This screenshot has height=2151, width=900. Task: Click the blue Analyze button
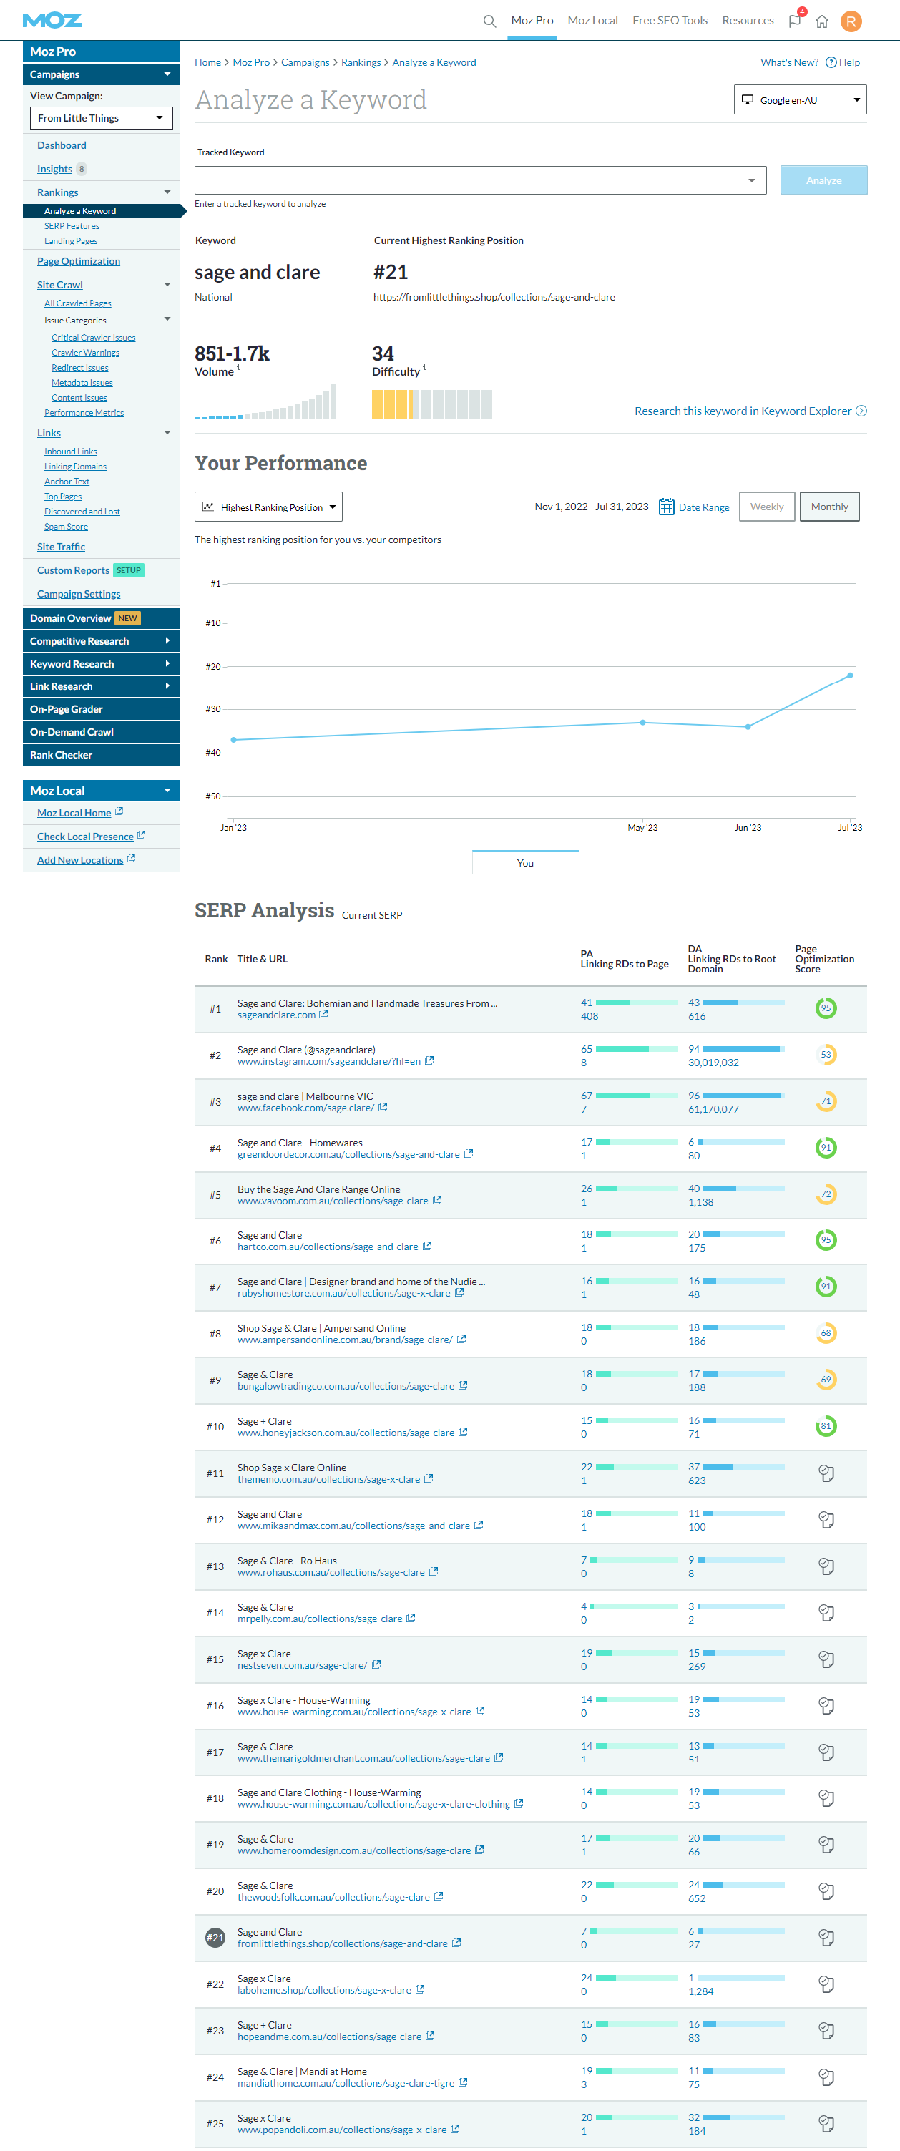pyautogui.click(x=823, y=180)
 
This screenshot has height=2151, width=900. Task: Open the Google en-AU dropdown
pyautogui.click(x=800, y=100)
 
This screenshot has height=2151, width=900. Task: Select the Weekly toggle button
pyautogui.click(x=766, y=507)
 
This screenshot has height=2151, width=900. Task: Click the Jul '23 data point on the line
pyautogui.click(x=850, y=675)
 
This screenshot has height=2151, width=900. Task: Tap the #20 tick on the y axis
pyautogui.click(x=213, y=667)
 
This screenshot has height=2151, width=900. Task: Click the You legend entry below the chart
pyautogui.click(x=525, y=862)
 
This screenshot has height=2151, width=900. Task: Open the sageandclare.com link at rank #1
pyautogui.click(x=276, y=1015)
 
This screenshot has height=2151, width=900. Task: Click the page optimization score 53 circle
pyautogui.click(x=826, y=1055)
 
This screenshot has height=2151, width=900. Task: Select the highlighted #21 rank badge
pyautogui.click(x=215, y=1937)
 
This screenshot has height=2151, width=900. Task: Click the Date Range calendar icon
pyautogui.click(x=666, y=507)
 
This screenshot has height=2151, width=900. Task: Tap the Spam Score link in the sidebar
pyautogui.click(x=66, y=527)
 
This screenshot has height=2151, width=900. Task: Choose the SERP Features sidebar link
pyautogui.click(x=72, y=226)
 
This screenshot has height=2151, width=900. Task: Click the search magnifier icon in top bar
pyautogui.click(x=489, y=21)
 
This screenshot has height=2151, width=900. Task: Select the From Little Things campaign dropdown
pyautogui.click(x=101, y=119)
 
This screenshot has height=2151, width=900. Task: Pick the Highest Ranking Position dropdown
pyautogui.click(x=268, y=507)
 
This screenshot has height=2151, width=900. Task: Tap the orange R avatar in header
pyautogui.click(x=851, y=21)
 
